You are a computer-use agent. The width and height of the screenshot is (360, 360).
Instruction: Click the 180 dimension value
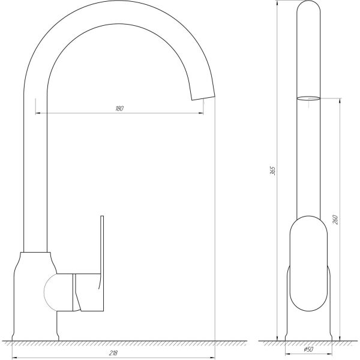(x=119, y=109)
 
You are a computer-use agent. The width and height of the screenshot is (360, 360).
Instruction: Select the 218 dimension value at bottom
(x=113, y=353)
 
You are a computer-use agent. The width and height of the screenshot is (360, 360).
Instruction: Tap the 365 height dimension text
(x=272, y=170)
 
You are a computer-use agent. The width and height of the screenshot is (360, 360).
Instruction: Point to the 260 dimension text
(x=335, y=220)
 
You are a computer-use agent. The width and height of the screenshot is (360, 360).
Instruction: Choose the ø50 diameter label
(x=308, y=350)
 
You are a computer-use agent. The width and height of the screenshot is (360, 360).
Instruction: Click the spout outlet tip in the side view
(x=203, y=98)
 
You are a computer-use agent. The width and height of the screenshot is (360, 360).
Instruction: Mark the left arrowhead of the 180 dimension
(x=38, y=113)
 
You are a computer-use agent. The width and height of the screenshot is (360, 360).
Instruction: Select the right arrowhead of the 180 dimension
(x=201, y=113)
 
